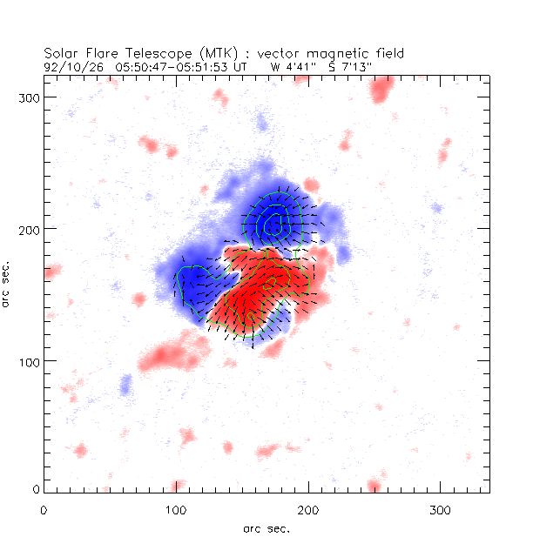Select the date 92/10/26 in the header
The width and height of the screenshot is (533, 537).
pos(66,65)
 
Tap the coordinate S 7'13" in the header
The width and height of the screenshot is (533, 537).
pos(347,65)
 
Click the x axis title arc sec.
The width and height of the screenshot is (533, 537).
pos(266,528)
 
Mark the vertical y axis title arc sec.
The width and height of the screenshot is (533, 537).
pos(8,284)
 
